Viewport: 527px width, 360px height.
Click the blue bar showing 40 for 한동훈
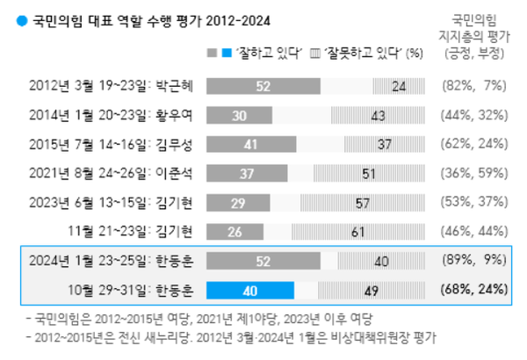click(251, 291)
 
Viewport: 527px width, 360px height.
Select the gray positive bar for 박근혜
click(263, 86)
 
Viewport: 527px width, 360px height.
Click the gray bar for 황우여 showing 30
click(238, 115)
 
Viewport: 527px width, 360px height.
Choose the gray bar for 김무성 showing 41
click(250, 144)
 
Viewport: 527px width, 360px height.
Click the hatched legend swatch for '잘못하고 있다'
click(316, 52)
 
